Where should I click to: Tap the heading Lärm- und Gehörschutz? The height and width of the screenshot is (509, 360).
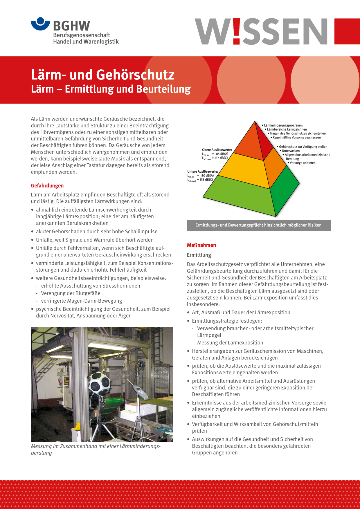pyautogui.click(x=102, y=75)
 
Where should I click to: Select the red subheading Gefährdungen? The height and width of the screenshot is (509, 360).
pyautogui.click(x=47, y=186)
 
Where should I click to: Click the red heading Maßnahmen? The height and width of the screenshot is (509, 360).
pyautogui.click(x=201, y=245)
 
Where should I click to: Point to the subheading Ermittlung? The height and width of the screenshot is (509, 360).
pyautogui.click(x=199, y=255)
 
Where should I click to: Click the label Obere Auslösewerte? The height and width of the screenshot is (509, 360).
pyautogui.click(x=217, y=150)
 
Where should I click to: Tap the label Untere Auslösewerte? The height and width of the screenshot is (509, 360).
pyautogui.click(x=203, y=172)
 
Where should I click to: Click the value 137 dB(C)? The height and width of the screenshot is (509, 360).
pyautogui.click(x=221, y=158)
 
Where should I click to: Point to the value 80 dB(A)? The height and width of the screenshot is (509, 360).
pyautogui.click(x=207, y=176)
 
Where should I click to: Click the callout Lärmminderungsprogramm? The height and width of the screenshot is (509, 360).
pyautogui.click(x=283, y=125)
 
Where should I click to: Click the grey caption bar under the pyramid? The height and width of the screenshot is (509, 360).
pyautogui.click(x=258, y=225)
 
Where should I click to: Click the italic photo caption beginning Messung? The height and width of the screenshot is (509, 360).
pyautogui.click(x=96, y=449)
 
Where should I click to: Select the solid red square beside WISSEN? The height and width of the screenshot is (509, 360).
pyautogui.click(x=347, y=31)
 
